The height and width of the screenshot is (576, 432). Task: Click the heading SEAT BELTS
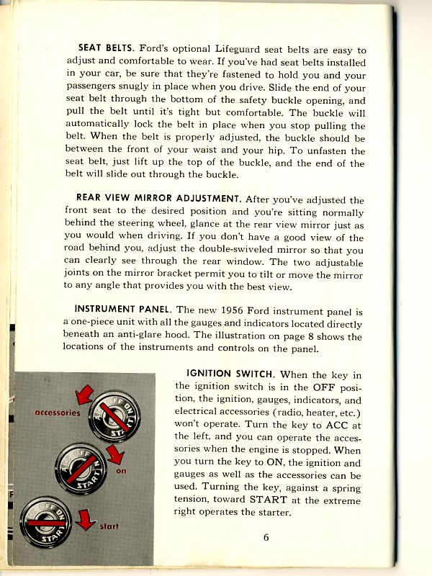105,49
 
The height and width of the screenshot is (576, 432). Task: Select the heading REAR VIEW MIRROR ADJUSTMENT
159,199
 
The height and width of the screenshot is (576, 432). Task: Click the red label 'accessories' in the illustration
58,413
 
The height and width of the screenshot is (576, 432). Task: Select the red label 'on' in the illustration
120,472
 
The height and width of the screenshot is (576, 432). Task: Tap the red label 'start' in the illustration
109,527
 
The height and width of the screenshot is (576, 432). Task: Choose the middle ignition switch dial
81,467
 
